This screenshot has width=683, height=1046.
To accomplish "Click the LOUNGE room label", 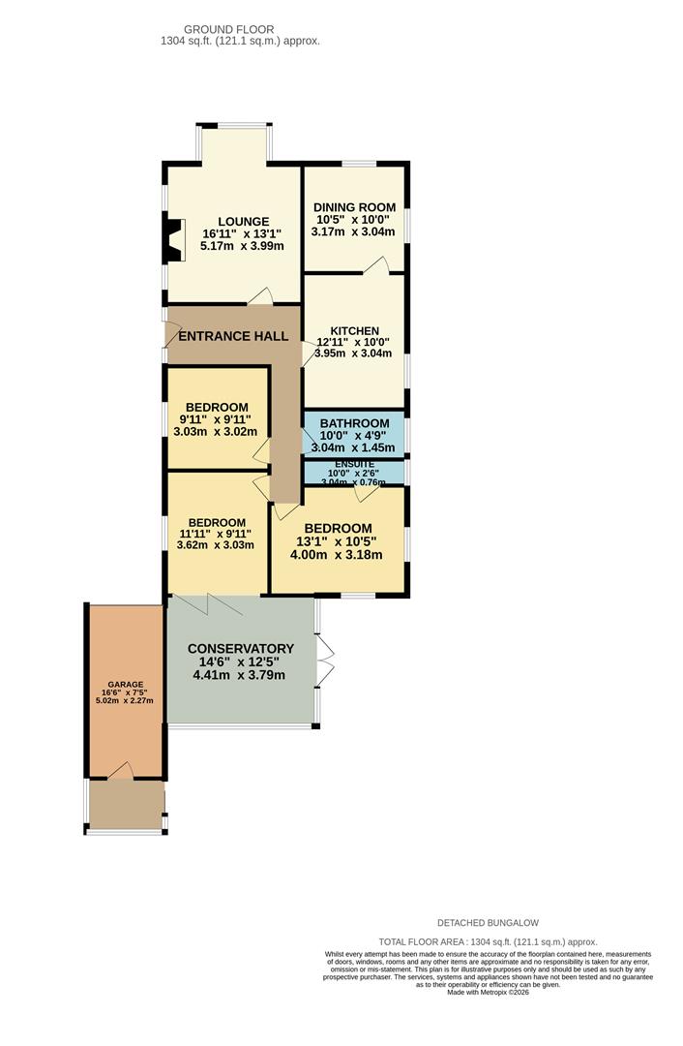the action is click(x=244, y=222).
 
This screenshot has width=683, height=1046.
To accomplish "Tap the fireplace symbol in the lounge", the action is click(x=173, y=241).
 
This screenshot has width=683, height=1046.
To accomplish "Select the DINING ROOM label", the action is click(x=354, y=207).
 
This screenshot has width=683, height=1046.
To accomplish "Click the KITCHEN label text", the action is click(x=355, y=331).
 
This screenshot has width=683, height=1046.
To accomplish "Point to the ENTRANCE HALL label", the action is click(x=233, y=336).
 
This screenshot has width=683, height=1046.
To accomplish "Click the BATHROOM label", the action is click(x=354, y=423).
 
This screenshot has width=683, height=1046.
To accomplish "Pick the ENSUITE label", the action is click(x=354, y=464).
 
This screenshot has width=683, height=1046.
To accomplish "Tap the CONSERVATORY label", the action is click(x=241, y=648).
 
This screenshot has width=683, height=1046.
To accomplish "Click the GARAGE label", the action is click(x=126, y=685).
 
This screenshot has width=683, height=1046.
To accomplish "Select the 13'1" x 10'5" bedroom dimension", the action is click(x=336, y=541).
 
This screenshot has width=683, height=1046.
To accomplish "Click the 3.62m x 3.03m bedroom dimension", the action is click(x=215, y=545).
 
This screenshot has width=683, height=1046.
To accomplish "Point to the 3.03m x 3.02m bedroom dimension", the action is click(x=215, y=432).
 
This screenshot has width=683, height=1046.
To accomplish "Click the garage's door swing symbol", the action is click(x=121, y=771).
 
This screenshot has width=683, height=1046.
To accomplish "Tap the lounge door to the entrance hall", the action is click(x=260, y=296).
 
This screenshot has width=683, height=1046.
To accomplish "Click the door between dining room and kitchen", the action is click(x=376, y=264).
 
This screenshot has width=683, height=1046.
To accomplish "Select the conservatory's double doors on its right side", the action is click(x=324, y=661).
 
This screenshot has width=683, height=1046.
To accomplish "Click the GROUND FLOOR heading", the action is click(x=228, y=29).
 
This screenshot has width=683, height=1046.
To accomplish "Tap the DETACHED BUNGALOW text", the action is click(x=488, y=923).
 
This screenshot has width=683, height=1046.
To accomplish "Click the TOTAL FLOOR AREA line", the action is click(x=488, y=942).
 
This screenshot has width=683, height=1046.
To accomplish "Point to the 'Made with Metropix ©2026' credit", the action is click(x=488, y=992).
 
